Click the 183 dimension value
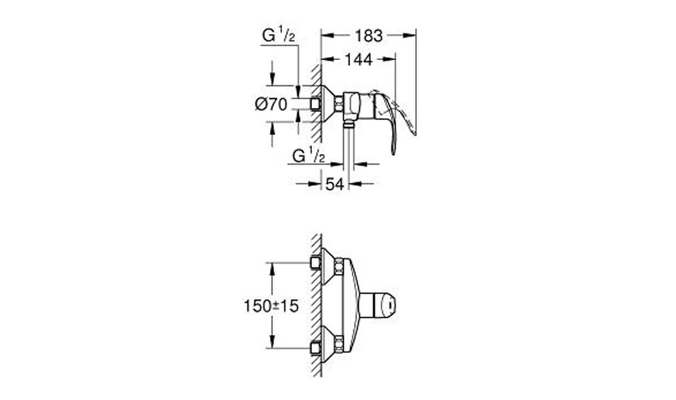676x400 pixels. click(x=369, y=36)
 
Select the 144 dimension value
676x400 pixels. click(x=358, y=59)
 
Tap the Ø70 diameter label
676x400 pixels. click(x=271, y=104)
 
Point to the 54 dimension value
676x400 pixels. click(x=335, y=184)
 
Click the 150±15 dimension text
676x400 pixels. click(x=271, y=306)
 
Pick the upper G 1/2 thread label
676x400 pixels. click(x=279, y=35)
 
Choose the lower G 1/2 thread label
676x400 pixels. click(x=308, y=155)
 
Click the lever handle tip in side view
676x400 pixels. click(x=393, y=152)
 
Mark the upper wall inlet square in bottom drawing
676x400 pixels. click(x=315, y=263)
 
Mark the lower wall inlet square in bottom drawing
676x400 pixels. click(x=315, y=348)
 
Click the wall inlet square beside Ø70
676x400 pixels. click(x=315, y=104)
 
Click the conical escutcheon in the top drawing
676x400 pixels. click(x=329, y=104)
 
